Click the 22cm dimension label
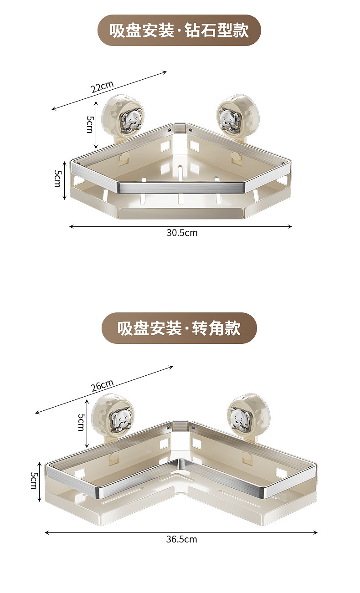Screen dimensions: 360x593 pos(102,87)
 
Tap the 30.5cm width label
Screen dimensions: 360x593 pos(182,233)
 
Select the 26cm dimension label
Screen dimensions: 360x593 pos(102,386)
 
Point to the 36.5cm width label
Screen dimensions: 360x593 pos(181,539)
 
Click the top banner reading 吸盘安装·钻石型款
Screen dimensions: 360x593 pos(179,31)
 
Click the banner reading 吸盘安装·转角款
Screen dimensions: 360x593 pos(179,328)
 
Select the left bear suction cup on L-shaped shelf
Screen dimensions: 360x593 pos(120,419)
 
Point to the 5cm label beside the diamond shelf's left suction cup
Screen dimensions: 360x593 pos(90,124)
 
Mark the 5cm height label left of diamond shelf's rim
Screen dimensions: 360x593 pos(58,179)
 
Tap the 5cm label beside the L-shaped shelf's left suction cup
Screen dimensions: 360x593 pos(81,422)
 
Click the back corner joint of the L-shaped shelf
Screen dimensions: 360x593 pos(181,426)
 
